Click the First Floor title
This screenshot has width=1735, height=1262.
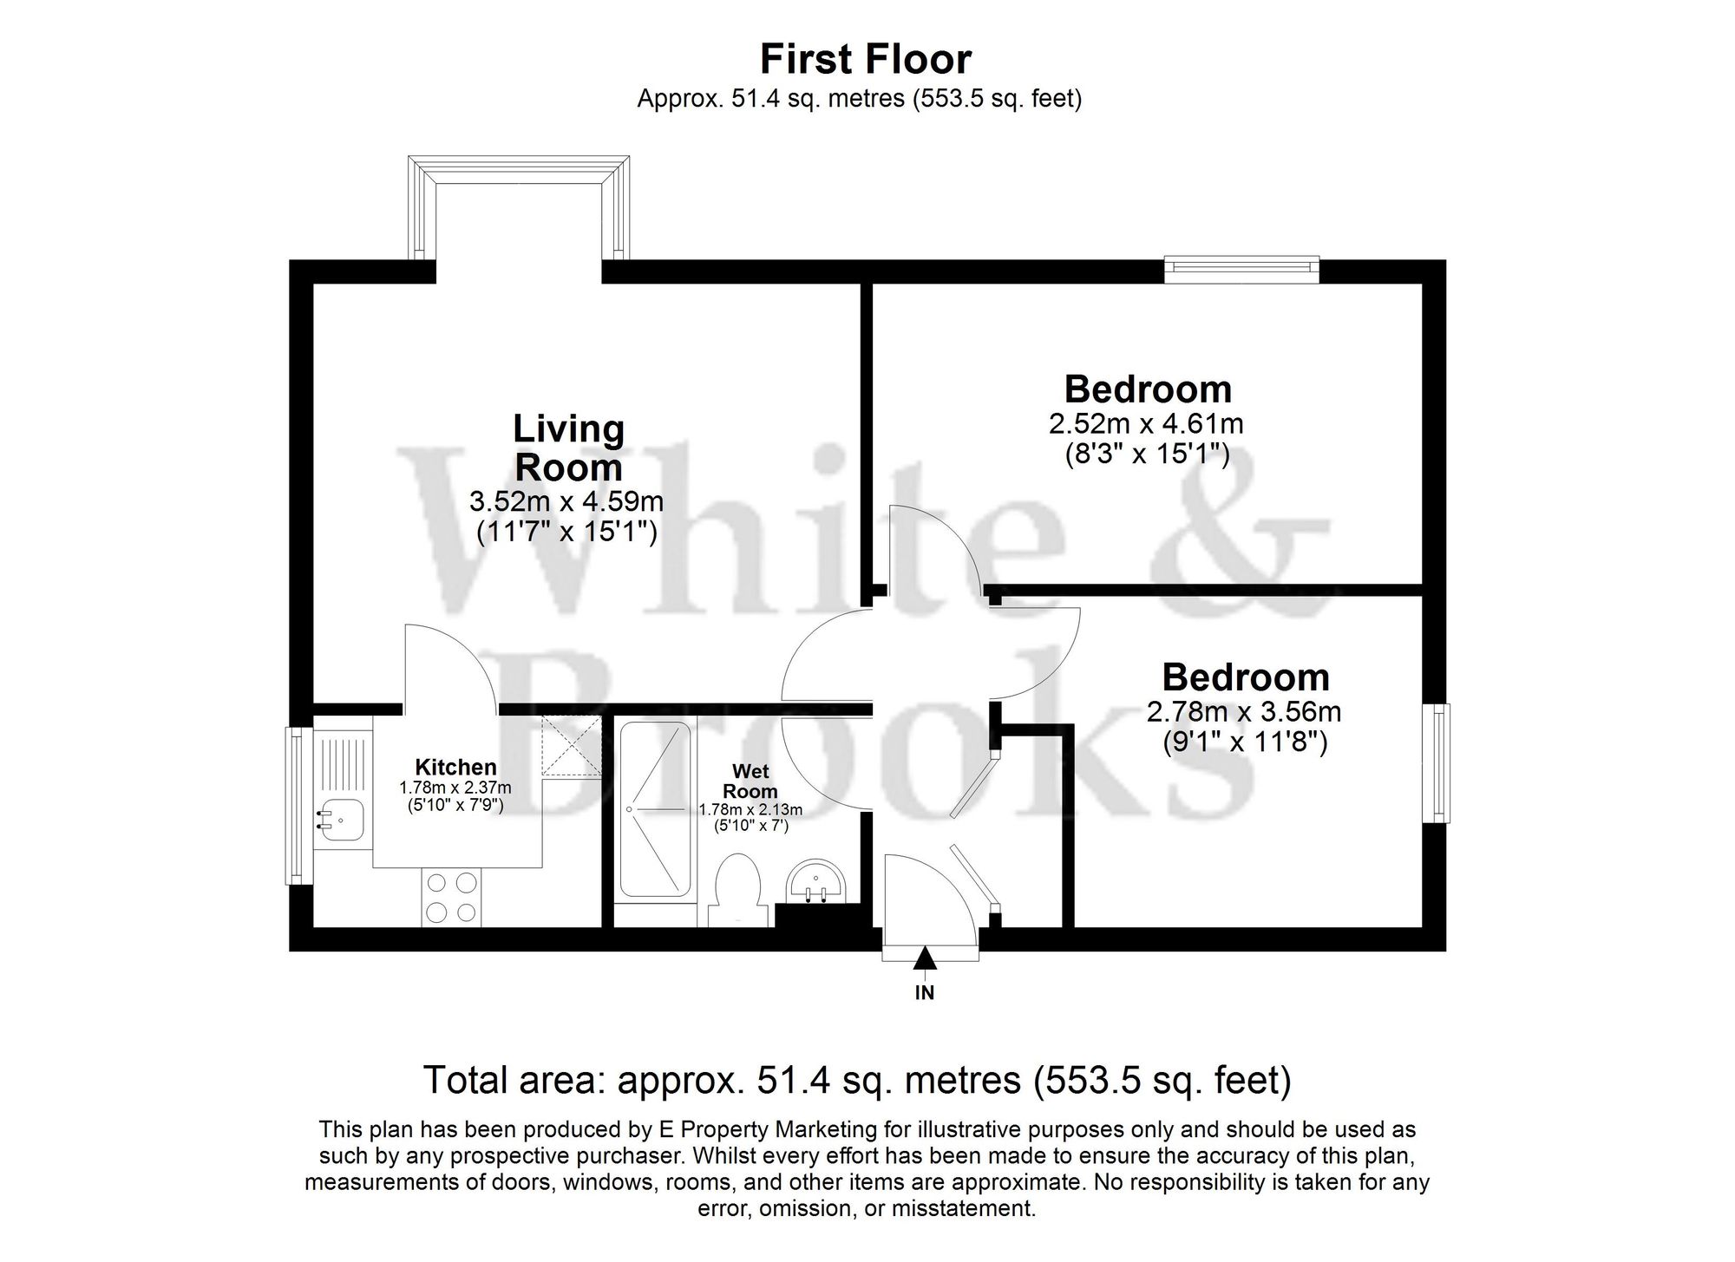click(x=866, y=60)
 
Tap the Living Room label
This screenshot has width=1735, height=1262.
click(x=568, y=448)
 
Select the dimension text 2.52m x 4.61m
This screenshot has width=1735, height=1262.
click(x=1146, y=424)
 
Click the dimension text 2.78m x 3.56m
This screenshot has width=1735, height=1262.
click(x=1244, y=712)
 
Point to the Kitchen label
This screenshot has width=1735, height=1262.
click(x=455, y=767)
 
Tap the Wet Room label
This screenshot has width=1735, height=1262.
click(x=750, y=781)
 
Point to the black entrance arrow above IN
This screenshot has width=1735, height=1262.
click(x=925, y=958)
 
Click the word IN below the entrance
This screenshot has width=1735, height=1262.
click(x=925, y=994)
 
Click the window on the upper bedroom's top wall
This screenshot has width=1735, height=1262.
click(x=1241, y=269)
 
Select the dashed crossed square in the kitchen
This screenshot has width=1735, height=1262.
click(x=571, y=745)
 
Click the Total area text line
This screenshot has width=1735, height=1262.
click(x=856, y=1081)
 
